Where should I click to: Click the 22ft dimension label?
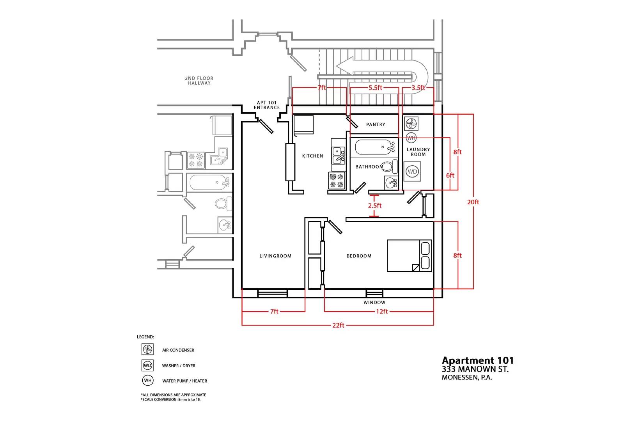[338, 325]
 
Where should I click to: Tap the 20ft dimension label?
[473, 202]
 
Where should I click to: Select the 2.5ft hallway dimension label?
[375, 205]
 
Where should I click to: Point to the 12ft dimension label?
[382, 312]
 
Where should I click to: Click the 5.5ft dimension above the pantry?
[375, 88]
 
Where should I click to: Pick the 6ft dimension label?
[450, 175]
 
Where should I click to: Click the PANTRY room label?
[376, 124]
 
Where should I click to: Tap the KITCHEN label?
[312, 156]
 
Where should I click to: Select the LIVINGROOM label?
[275, 256]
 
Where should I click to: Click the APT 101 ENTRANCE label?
[267, 105]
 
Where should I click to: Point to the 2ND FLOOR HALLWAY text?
[199, 80]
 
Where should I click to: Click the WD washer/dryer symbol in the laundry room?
[412, 172]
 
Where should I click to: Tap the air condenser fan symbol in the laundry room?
[411, 124]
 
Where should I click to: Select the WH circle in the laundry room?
[411, 138]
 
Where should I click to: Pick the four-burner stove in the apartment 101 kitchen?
[337, 181]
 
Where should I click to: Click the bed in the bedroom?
[409, 256]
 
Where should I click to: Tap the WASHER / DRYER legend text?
[179, 366]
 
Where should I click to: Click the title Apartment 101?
[478, 361]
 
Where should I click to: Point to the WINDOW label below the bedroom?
[374, 303]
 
